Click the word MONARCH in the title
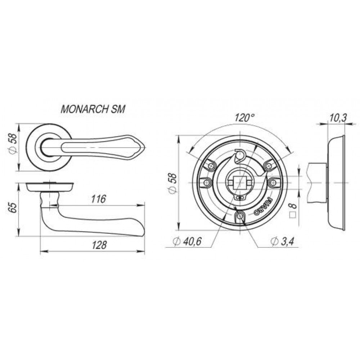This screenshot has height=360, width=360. (x=85, y=109)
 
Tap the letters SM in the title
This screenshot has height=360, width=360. (x=118, y=109)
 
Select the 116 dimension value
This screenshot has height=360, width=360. (x=99, y=199)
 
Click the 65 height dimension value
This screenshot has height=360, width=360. (x=13, y=208)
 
